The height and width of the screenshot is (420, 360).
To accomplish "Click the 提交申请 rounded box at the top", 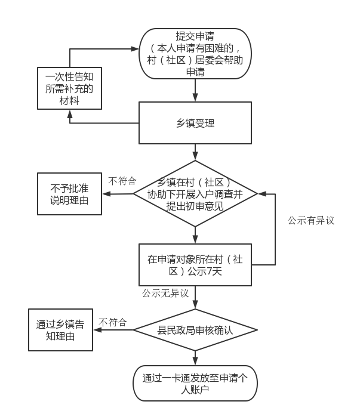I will pos(195,54).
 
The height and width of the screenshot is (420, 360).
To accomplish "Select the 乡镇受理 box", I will pos(195,123).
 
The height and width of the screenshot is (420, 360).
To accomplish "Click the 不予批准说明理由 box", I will pos(69,193).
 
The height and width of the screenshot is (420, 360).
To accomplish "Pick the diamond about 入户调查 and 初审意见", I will pos(195,194).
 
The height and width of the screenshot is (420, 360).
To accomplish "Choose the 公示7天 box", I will pos(195,264).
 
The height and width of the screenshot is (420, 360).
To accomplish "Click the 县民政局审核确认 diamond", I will pos(195,330).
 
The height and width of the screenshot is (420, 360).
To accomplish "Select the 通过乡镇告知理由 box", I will pos(60,330).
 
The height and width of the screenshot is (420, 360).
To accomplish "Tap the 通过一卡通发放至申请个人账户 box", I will pos(195,382).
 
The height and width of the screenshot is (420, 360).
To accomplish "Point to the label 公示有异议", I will pos(311,220).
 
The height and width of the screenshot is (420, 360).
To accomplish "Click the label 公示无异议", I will pos(165,294).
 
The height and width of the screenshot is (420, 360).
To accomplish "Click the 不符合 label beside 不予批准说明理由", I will pos(122,181).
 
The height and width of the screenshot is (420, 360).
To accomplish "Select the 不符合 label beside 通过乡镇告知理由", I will pos(113,323).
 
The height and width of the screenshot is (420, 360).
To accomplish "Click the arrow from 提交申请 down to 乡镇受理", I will pos(195,91).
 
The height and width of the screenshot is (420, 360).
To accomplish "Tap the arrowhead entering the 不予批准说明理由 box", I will pos(106,193).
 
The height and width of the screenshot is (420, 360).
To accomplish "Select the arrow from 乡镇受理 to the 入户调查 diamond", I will pos(195,153).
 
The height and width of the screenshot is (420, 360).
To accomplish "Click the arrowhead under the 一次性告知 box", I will pos(69,113).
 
